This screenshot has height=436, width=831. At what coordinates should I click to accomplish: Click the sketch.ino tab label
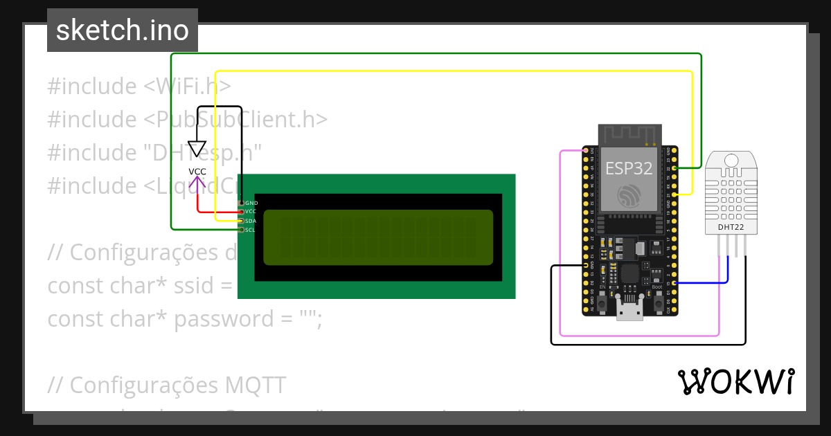122,30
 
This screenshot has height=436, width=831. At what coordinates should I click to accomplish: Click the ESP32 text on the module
629,168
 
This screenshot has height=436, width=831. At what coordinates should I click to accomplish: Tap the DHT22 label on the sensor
731,226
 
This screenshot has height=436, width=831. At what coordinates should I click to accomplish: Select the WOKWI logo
735,382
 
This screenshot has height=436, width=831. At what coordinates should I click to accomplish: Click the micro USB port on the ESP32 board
629,313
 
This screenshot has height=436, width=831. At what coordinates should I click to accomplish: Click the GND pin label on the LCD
251,203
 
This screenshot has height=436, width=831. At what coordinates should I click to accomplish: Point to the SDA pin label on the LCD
251,221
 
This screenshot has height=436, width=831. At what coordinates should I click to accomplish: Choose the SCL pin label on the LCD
251,229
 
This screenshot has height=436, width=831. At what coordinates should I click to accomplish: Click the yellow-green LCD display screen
377,237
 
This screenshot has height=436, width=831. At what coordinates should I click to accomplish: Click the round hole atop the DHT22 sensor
731,161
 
